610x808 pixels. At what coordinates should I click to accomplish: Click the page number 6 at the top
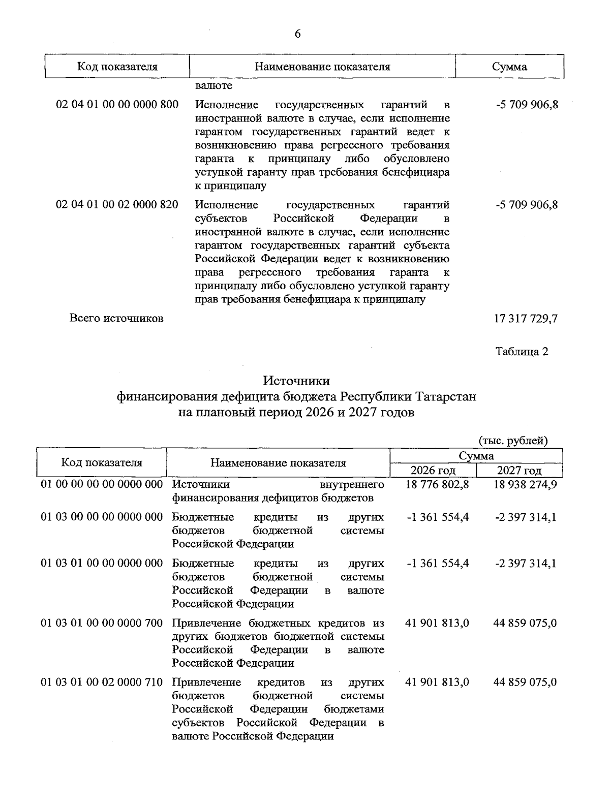pyautogui.click(x=297, y=34)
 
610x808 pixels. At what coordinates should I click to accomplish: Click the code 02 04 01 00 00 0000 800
pyautogui.click(x=117, y=105)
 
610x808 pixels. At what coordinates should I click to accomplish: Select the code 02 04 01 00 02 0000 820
pyautogui.click(x=117, y=205)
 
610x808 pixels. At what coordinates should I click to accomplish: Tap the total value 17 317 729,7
pyautogui.click(x=526, y=319)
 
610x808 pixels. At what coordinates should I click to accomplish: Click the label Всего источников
pyautogui.click(x=116, y=319)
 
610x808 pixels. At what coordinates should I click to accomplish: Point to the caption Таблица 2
pyautogui.click(x=522, y=351)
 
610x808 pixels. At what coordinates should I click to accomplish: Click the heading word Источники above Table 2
pyautogui.click(x=296, y=381)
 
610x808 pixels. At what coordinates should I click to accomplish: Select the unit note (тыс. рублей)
pyautogui.click(x=513, y=441)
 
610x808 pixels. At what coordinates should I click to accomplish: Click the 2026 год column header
pyautogui.click(x=433, y=470)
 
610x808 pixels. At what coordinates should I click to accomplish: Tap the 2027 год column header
pyautogui.click(x=519, y=470)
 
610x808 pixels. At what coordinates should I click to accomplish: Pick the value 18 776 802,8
pyautogui.click(x=437, y=484)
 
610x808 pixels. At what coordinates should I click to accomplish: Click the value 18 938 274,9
pyautogui.click(x=525, y=484)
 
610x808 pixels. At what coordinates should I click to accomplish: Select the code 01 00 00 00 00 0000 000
pyautogui.click(x=102, y=484)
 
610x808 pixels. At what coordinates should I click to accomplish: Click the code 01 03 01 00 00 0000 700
pyautogui.click(x=102, y=623)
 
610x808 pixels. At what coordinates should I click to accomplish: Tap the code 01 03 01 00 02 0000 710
pyautogui.click(x=102, y=682)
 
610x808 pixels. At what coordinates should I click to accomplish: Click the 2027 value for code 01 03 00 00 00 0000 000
pyautogui.click(x=525, y=517)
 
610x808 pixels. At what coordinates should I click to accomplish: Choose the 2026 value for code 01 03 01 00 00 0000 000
pyautogui.click(x=438, y=564)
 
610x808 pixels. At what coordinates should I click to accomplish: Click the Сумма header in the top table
pyautogui.click(x=509, y=67)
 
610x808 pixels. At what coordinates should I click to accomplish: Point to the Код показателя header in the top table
pyautogui.click(x=117, y=67)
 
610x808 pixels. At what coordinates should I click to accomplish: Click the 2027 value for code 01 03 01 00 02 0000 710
pyautogui.click(x=525, y=682)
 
